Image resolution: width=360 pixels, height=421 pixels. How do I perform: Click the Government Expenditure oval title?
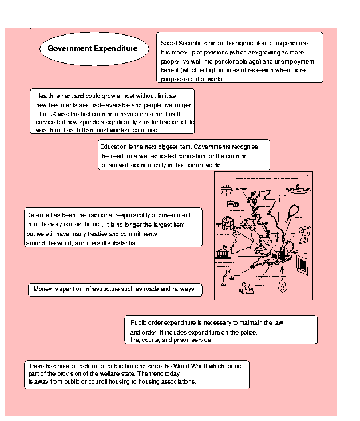point(93,49)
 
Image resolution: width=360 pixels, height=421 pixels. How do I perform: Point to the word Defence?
point(38,215)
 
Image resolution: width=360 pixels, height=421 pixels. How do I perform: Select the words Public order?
point(149,322)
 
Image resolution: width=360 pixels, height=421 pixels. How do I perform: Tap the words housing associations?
point(171,381)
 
